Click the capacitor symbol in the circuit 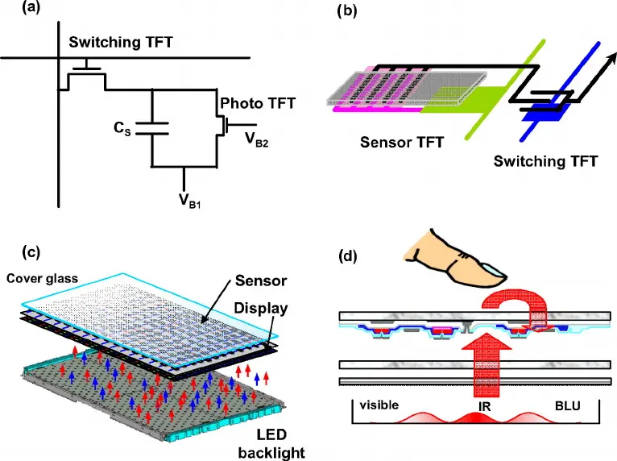[153, 127]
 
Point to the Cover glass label [43, 279]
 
